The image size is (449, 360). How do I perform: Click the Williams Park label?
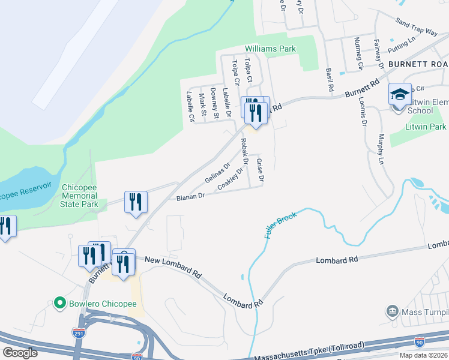click(x=271, y=49)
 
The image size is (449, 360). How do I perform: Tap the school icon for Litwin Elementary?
click(x=400, y=95)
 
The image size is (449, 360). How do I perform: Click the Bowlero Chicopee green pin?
click(x=59, y=303)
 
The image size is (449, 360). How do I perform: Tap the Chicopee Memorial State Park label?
click(x=79, y=196)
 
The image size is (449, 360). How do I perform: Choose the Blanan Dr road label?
click(x=190, y=196)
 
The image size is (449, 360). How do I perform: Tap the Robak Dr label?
click(x=244, y=151)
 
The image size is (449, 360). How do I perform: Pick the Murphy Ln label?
click(x=381, y=149)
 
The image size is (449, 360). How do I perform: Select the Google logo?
click(x=20, y=353)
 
